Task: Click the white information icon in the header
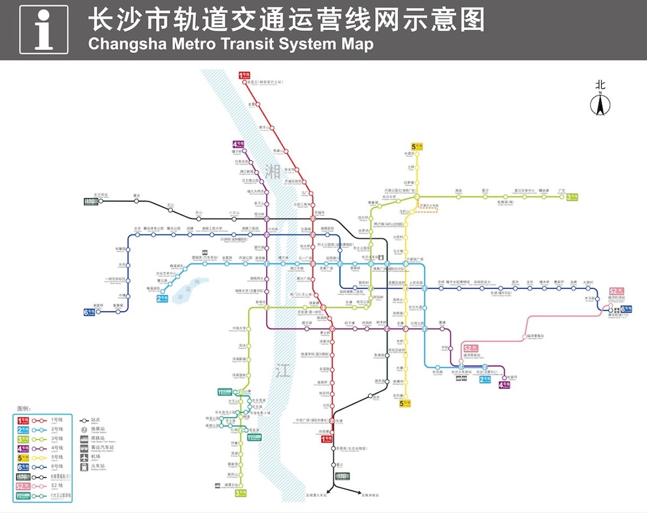tap(44, 30)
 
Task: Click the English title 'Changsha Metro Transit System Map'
tap(230, 44)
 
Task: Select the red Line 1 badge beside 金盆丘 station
tap(244, 76)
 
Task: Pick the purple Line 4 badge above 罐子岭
tap(238, 144)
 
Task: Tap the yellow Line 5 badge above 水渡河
tap(417, 147)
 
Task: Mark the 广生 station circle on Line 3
tap(562, 196)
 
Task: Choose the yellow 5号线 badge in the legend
tap(23, 457)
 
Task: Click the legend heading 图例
tap(24, 409)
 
